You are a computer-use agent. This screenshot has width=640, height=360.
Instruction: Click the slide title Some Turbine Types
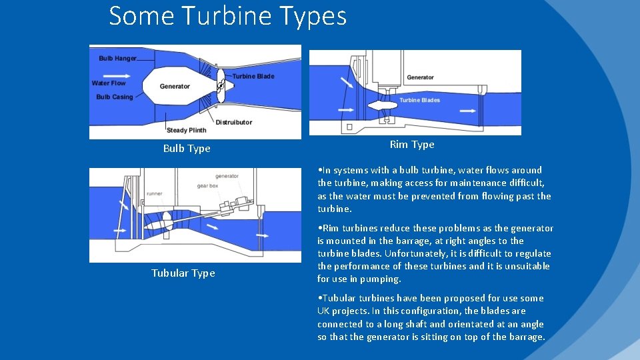[x=227, y=16]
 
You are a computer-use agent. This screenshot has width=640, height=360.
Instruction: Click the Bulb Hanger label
[x=117, y=59]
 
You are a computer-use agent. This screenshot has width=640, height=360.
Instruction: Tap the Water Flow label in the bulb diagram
[x=109, y=83]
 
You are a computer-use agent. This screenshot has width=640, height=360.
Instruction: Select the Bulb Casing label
[x=115, y=97]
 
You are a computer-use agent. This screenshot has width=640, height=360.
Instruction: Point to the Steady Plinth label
[x=187, y=130]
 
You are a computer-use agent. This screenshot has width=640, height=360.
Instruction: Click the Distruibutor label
[x=234, y=122]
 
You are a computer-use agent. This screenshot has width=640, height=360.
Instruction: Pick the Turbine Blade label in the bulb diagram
[x=253, y=76]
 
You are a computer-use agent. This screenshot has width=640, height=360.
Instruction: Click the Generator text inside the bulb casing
[x=175, y=87]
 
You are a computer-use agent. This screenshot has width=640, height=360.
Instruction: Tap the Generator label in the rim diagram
[x=420, y=77]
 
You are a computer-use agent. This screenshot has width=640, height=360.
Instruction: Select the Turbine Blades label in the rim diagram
[x=419, y=100]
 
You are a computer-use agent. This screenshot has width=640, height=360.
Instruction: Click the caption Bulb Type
[x=187, y=149]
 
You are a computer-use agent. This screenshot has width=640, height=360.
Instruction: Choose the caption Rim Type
[x=412, y=145]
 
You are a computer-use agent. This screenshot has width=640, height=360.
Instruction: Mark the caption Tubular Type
[x=183, y=273]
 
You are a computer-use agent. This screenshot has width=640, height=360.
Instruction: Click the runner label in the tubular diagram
[x=155, y=193]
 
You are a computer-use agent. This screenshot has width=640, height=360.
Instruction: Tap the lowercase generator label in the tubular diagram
[x=227, y=176]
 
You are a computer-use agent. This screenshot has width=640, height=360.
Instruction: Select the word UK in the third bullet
[x=324, y=311]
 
